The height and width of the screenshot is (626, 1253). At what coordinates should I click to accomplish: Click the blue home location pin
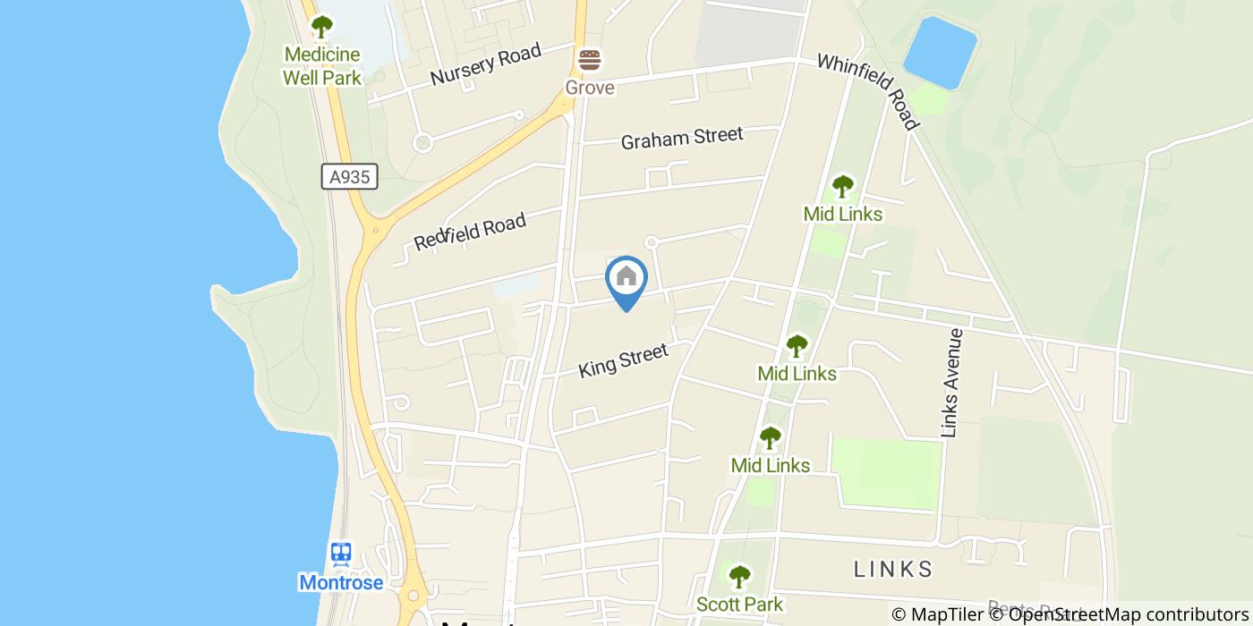pyautogui.click(x=626, y=279)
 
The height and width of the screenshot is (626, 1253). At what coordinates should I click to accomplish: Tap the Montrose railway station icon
pyautogui.click(x=341, y=554)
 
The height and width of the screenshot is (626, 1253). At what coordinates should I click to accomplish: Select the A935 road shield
pyautogui.click(x=349, y=177)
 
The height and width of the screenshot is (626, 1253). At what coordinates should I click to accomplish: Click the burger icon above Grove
pyautogui.click(x=589, y=61)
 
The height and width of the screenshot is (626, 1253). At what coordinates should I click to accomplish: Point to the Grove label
pyautogui.click(x=589, y=88)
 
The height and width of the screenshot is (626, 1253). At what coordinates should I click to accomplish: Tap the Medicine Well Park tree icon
pyautogui.click(x=321, y=27)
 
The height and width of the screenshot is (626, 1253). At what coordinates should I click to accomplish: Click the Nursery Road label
pyautogui.click(x=485, y=64)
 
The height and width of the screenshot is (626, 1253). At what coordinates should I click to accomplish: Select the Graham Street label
pyautogui.click(x=681, y=138)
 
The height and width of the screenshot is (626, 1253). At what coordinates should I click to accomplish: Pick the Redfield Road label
pyautogui.click(x=470, y=232)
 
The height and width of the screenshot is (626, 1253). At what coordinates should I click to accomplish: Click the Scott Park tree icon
pyautogui.click(x=739, y=576)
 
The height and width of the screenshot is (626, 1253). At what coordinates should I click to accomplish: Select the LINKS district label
pyautogui.click(x=893, y=569)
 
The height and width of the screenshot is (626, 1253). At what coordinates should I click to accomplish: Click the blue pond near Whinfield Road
pyautogui.click(x=939, y=52)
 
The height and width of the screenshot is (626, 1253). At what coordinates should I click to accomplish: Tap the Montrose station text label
pyautogui.click(x=341, y=583)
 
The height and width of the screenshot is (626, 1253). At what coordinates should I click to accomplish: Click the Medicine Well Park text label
pyautogui.click(x=322, y=66)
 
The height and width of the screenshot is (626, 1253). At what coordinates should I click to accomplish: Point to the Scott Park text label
pyautogui.click(x=739, y=605)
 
